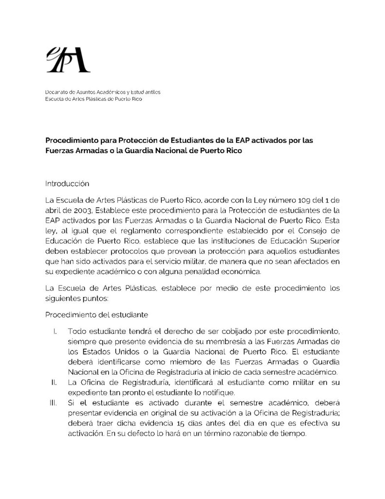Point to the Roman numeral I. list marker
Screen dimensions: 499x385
pos(56,331)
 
